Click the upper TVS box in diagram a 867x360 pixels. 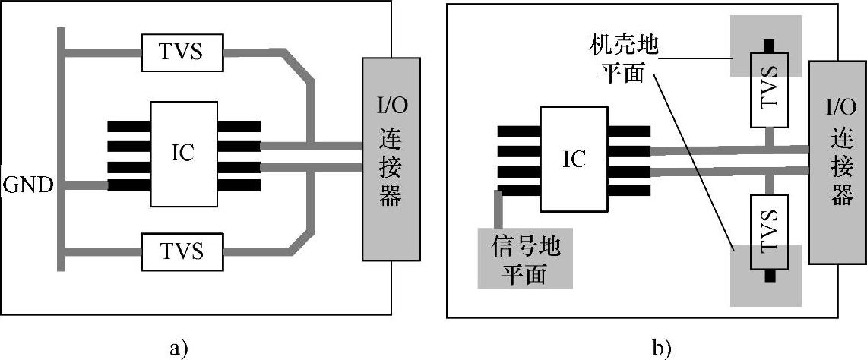[x=181, y=53]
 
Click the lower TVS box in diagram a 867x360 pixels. [x=181, y=250]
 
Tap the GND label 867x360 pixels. [x=27, y=185]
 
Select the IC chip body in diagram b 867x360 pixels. [x=573, y=159]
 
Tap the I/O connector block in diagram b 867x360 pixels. [x=837, y=161]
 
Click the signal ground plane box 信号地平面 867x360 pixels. [x=524, y=259]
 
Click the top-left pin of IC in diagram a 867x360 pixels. [x=128, y=126]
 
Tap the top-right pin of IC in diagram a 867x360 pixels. [x=238, y=126]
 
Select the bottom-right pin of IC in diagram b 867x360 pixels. [x=628, y=189]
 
